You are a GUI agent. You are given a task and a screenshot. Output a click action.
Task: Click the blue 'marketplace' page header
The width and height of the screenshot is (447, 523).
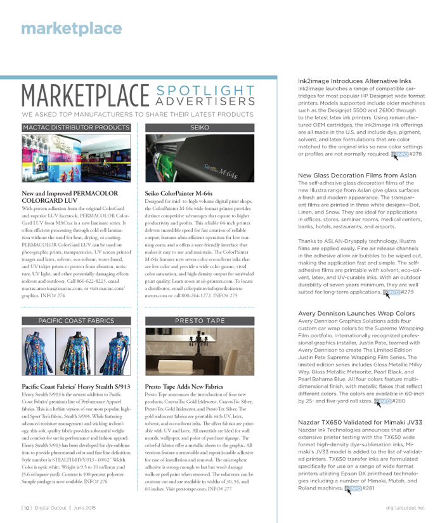point(71,29)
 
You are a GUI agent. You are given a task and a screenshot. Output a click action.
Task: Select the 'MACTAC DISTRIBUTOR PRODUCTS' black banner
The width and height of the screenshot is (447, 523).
point(75,127)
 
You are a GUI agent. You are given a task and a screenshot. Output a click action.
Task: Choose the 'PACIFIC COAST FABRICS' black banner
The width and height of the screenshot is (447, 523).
point(75,321)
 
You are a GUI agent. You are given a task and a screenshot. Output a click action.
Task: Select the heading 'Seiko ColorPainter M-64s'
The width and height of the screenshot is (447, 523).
point(184,193)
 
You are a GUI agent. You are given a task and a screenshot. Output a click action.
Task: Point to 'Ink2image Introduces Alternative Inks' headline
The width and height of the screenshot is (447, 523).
point(354,82)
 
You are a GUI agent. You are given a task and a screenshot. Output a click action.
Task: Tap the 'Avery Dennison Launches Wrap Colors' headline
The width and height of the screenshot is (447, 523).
point(356,314)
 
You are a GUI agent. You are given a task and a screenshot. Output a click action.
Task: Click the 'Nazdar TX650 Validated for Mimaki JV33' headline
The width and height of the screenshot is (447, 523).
point(360,422)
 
